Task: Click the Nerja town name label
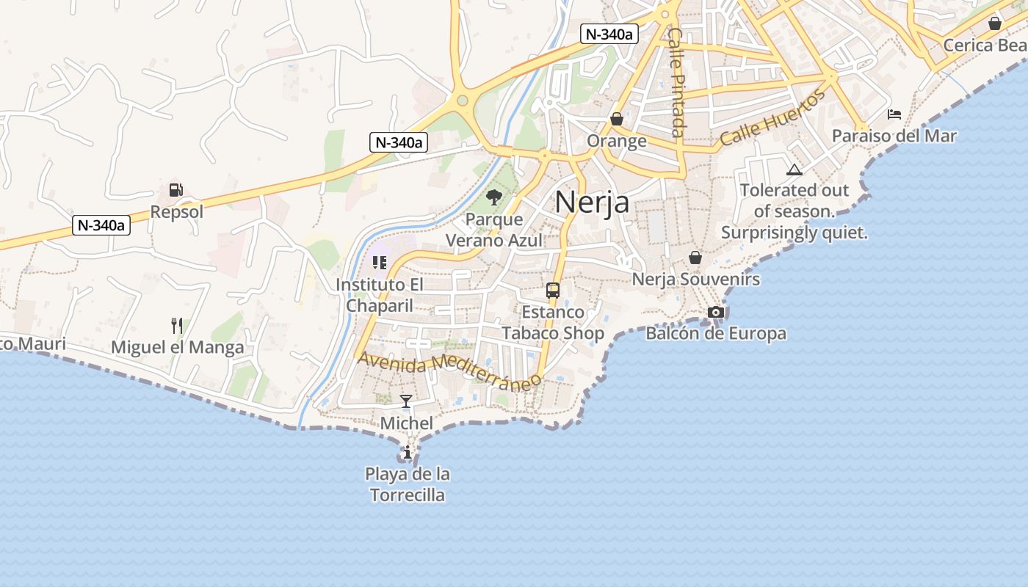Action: [592, 202]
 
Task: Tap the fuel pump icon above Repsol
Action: [175, 190]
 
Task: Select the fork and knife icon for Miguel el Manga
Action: [176, 325]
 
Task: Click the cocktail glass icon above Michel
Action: [405, 401]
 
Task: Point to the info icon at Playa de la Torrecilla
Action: [407, 452]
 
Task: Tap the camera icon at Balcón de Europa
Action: [716, 312]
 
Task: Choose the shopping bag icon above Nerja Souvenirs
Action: [695, 258]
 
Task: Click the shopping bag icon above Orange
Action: [617, 119]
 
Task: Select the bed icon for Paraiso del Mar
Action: [894, 114]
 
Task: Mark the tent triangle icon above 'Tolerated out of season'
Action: [794, 170]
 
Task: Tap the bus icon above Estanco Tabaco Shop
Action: [553, 290]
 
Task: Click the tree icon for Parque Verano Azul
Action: [494, 197]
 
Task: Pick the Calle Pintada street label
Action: [677, 82]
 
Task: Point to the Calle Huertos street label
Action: [772, 120]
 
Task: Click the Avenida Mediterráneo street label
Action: [449, 371]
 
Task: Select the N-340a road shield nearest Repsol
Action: [102, 225]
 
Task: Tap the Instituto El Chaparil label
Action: [379, 295]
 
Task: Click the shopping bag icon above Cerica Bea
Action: [995, 23]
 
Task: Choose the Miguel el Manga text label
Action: [178, 347]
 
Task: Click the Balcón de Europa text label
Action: [716, 333]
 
